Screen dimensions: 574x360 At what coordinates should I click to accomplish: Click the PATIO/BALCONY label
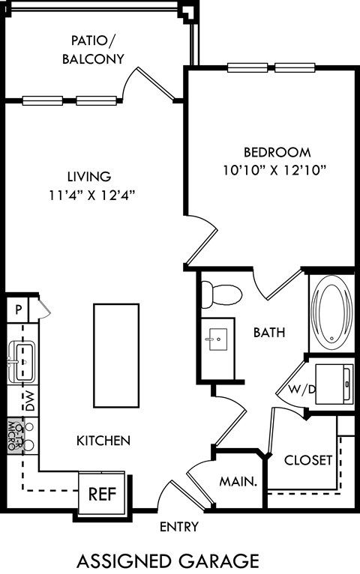tap(93, 49)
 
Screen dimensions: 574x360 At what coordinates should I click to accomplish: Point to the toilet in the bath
tap(220, 293)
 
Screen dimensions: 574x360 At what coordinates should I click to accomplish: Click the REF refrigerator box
tap(103, 494)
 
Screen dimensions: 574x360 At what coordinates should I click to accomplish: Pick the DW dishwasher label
tap(28, 401)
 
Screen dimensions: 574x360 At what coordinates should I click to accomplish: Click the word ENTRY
tap(179, 527)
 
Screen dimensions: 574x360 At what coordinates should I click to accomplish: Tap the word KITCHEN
tap(103, 441)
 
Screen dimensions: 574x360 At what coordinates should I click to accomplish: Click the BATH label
tap(268, 332)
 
